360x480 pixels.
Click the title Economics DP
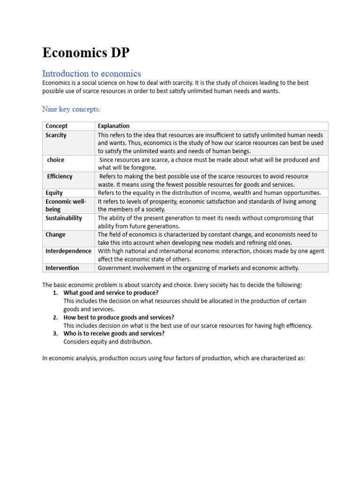86,53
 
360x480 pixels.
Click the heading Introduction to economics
91,74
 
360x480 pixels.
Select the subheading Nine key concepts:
71,109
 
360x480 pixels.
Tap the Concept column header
57,126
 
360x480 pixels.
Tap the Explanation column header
113,126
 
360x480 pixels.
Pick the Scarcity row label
56,135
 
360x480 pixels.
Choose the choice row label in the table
56,160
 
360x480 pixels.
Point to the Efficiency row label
60,176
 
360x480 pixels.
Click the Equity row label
54,193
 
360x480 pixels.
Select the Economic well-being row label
65,205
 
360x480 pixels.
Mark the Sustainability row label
63,218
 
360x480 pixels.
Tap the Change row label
55,234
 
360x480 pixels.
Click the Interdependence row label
68,251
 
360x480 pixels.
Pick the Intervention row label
62,268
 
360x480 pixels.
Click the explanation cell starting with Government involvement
198,268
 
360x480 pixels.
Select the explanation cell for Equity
209,193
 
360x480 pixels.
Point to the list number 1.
55,292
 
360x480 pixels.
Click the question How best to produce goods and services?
119,317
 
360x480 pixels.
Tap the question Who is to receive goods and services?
114,333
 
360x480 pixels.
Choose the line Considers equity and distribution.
108,342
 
